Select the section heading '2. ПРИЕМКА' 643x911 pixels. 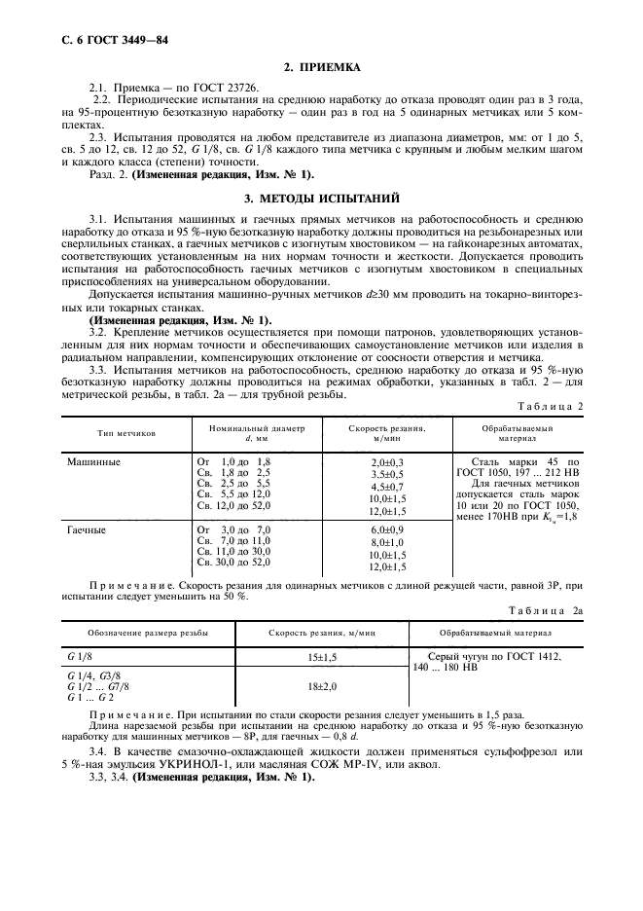321,67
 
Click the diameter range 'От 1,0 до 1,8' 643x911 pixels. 233,461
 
